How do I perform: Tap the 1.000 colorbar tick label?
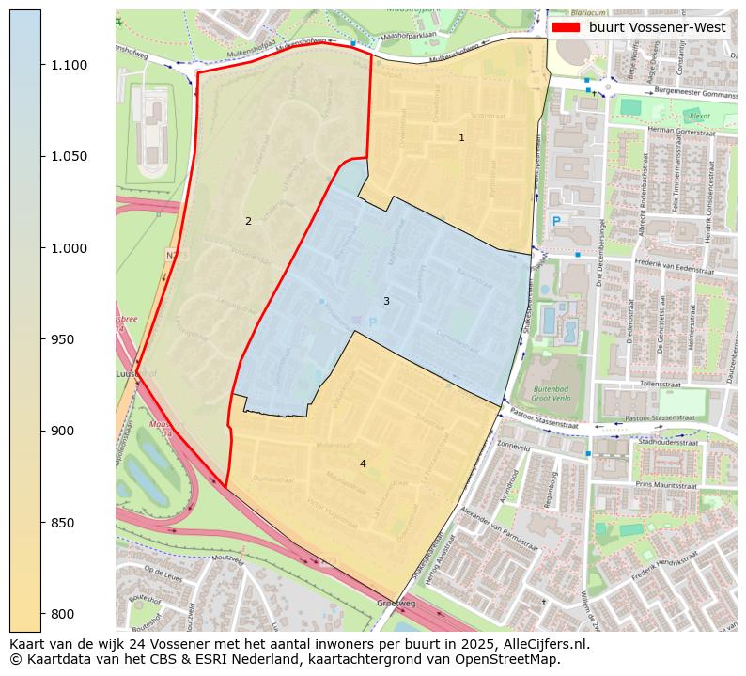click(x=68, y=248)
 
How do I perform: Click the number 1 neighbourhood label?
click(x=461, y=138)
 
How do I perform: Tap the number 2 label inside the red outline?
click(x=248, y=222)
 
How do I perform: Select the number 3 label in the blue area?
click(x=386, y=301)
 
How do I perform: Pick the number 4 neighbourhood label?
click(x=363, y=464)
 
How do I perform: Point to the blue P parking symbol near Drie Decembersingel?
click(x=556, y=220)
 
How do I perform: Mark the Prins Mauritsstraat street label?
click(x=669, y=484)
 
